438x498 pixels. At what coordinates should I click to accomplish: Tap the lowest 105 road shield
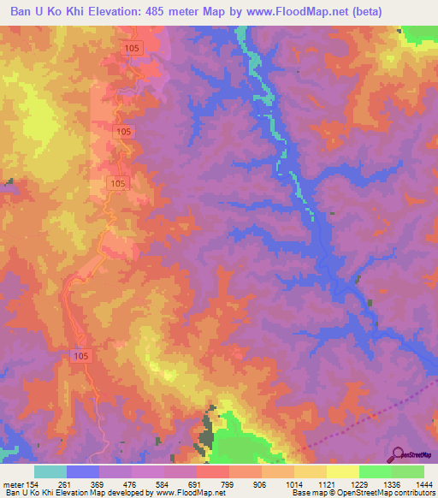(x=80, y=355)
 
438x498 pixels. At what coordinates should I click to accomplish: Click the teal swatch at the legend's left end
(x=50, y=472)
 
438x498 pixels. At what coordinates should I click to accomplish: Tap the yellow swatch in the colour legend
(x=342, y=472)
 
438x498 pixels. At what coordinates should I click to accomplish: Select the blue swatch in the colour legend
(x=83, y=472)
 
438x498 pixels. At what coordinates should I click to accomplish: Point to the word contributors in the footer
(x=412, y=492)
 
